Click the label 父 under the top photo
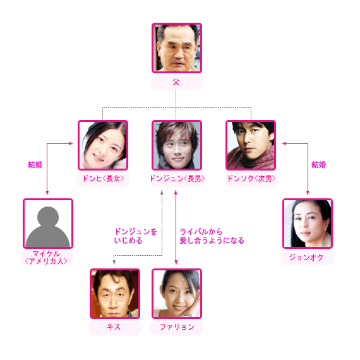[x=176, y=82]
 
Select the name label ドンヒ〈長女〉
[x=103, y=178]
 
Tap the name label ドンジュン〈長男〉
[x=177, y=178]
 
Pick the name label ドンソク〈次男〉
[x=251, y=178]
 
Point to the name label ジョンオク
[x=306, y=258]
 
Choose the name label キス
[x=114, y=327]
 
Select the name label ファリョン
[x=177, y=327]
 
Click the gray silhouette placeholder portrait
[x=48, y=224]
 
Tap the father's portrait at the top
[x=177, y=48]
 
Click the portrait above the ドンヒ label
[x=103, y=145]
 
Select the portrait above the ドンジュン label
[x=177, y=145]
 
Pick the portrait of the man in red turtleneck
[x=251, y=145]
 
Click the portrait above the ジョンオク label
[x=308, y=224]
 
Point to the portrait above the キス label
[x=115, y=294]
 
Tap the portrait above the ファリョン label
[x=177, y=294]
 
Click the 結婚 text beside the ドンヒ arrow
[x=35, y=165]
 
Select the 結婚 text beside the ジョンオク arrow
[x=319, y=165]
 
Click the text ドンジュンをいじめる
[x=135, y=236]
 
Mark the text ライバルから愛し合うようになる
[x=212, y=236]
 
